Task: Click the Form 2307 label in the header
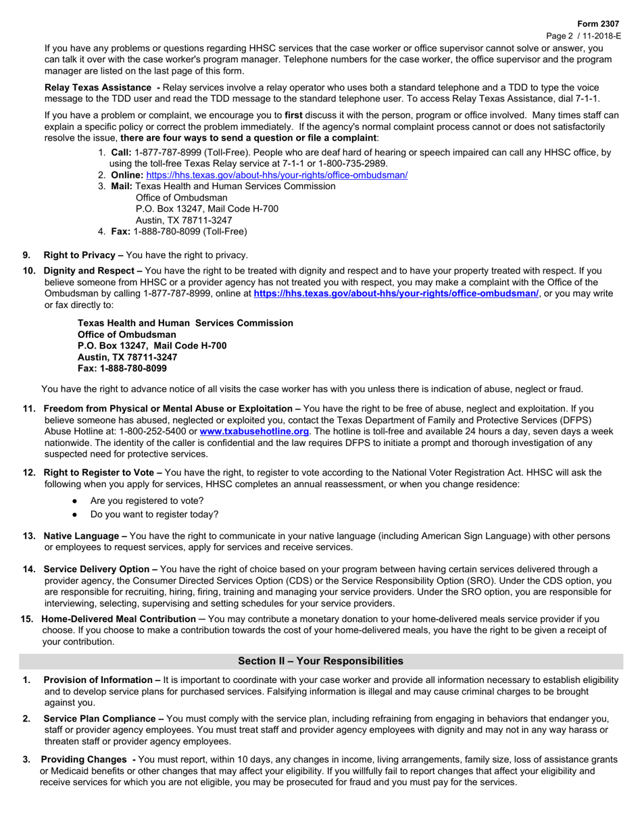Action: pos(602,24)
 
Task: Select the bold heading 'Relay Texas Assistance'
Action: pos(98,88)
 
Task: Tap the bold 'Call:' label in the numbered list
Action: pos(122,153)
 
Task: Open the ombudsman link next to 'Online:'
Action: pos(276,175)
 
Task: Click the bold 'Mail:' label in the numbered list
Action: pos(122,186)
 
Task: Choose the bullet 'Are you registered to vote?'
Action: pos(147,501)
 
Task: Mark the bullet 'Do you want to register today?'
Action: pos(154,514)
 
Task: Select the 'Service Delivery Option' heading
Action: pos(98,569)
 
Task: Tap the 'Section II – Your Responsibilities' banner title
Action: pos(320,661)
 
